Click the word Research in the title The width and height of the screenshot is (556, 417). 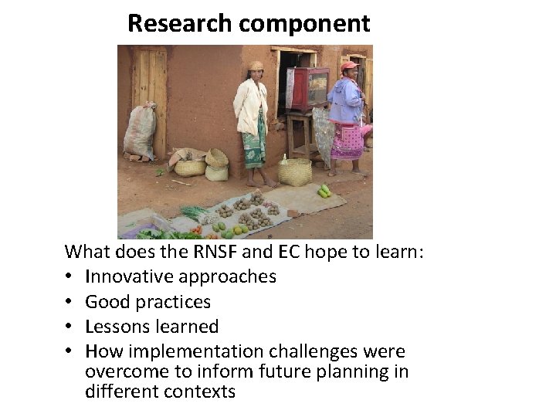[181, 23]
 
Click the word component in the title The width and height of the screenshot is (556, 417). [304, 24]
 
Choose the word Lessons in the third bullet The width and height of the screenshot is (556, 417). [116, 327]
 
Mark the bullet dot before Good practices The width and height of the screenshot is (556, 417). [70, 302]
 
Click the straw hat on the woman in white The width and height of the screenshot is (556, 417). [256, 66]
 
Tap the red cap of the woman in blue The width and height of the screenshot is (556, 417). [349, 66]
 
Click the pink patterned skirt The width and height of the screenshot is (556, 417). [347, 140]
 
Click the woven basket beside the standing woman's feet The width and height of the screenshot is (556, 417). [295, 171]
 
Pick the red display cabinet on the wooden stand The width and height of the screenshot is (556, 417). [307, 87]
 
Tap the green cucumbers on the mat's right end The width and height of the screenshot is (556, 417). [324, 191]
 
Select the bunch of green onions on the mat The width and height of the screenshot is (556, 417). [195, 212]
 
